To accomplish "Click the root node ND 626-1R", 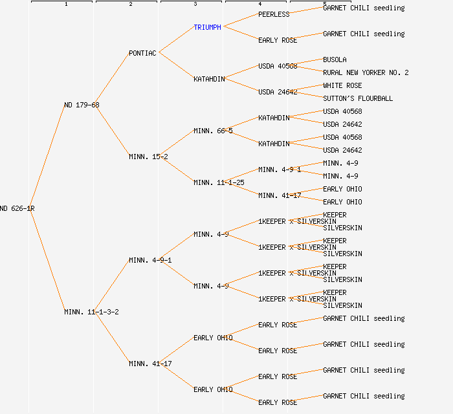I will coord(17,208).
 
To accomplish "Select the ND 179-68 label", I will coord(82,105).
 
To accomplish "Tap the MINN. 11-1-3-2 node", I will coord(91,312).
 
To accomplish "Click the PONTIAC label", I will coord(142,53).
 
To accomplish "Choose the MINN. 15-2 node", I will coord(148,157).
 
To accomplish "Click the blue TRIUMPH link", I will coord(207,27).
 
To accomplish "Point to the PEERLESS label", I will coord(274,14).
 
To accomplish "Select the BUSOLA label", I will coord(335,60).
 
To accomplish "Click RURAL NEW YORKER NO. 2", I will coord(366,72).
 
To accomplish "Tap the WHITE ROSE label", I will coord(342,85).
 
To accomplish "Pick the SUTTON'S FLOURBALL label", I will coord(358,98).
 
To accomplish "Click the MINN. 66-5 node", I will coord(213,131).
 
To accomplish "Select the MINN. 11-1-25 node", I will coord(219,182).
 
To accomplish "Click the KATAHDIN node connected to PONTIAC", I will coord(209,79).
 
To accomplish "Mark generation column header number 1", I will coord(65,4).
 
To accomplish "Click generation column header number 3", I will coord(195,4).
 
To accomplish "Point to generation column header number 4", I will coord(260,4).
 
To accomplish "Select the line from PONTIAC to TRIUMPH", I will coord(176,40).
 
